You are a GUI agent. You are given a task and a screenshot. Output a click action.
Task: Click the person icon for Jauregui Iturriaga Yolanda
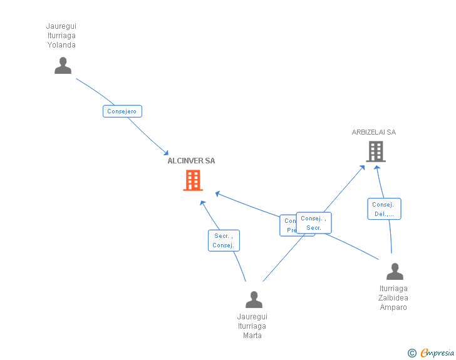[x=63, y=66]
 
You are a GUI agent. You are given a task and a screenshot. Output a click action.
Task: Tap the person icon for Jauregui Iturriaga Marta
[x=254, y=300]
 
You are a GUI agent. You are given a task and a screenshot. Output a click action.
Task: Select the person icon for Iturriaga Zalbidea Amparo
[x=395, y=272]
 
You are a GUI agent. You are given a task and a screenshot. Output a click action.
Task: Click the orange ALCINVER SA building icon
[x=192, y=180]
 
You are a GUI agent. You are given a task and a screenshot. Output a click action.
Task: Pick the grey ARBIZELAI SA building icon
[x=375, y=152]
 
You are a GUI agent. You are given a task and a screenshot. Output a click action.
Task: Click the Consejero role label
[x=122, y=111]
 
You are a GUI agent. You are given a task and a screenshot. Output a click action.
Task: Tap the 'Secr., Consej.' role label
[x=224, y=240]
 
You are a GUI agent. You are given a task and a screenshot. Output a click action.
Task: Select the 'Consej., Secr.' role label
[x=314, y=223]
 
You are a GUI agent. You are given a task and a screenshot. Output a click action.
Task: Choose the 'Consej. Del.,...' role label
[x=384, y=209]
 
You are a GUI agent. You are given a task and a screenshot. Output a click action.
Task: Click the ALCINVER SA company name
[x=191, y=161]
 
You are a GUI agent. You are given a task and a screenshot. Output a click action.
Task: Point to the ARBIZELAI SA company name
[x=374, y=132]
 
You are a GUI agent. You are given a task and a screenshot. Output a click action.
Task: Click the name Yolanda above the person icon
[x=61, y=45]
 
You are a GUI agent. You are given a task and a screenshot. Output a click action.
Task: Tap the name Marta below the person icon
[x=252, y=336]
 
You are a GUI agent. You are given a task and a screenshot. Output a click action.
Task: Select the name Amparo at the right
[x=393, y=307]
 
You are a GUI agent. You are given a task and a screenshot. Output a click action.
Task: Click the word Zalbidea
[x=393, y=298]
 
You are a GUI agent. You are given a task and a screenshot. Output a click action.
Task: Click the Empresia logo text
[x=437, y=353]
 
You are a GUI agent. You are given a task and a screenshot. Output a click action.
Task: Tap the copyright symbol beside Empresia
[x=412, y=353]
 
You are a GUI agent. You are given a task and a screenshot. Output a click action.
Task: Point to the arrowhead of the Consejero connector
[x=166, y=153]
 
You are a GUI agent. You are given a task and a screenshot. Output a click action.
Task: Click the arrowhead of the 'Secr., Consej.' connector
[x=202, y=202]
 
